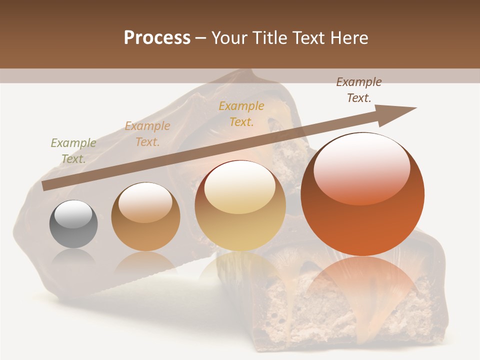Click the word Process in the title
pos(157,38)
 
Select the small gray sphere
pos(73,224)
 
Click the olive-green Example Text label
pos(73,150)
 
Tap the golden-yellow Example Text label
pos(241,113)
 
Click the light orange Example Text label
pos(147,133)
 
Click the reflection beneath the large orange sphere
pos(363,285)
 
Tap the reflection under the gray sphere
pos(73,257)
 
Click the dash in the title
pos(201,38)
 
